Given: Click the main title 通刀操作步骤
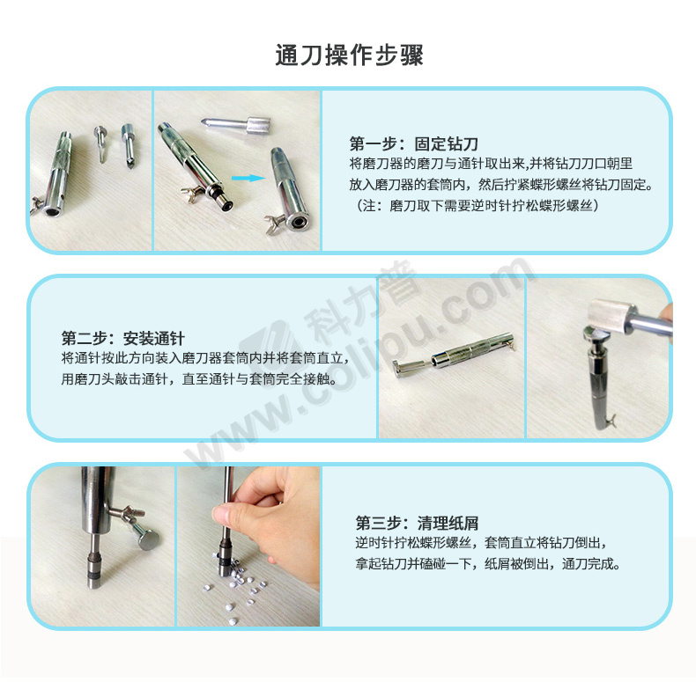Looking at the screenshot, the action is click(349, 55).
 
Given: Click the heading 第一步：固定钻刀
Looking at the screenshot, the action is click(414, 143).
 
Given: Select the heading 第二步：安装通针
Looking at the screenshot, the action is click(123, 338).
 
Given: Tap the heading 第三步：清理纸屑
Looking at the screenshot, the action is click(417, 523).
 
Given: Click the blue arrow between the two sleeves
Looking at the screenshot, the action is click(248, 179).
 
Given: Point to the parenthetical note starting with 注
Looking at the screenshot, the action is click(476, 205).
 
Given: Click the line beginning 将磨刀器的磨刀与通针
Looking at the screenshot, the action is click(491, 164).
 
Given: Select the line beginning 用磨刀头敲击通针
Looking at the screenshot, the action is click(198, 378).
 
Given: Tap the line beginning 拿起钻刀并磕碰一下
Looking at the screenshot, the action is click(487, 563).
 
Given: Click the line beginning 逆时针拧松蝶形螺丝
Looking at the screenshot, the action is click(481, 542).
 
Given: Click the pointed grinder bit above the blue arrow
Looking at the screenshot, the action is click(236, 124).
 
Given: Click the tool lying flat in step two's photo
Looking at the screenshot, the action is click(453, 354).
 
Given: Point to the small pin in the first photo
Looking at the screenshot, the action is click(100, 143).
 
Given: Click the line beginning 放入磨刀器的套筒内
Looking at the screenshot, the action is click(501, 185).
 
